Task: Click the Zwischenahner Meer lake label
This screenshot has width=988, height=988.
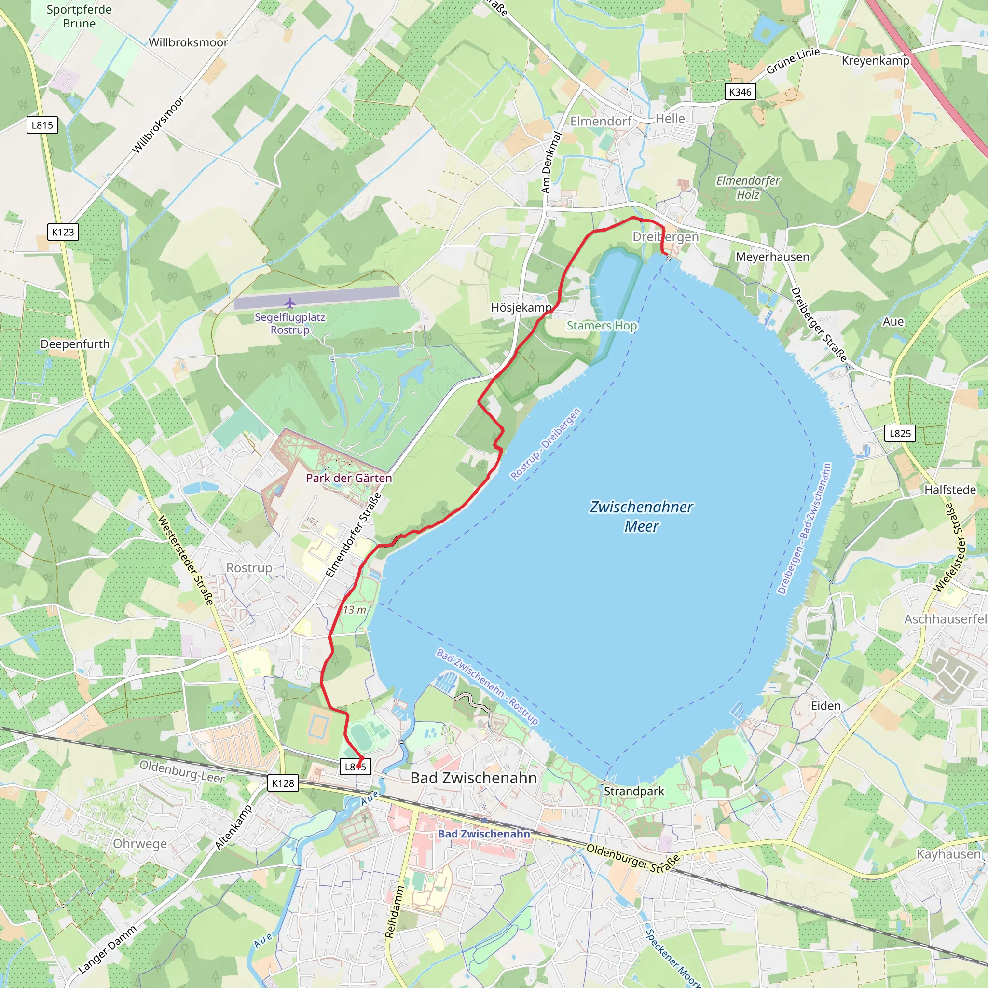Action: [x=641, y=517]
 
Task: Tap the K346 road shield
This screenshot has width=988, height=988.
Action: [x=740, y=92]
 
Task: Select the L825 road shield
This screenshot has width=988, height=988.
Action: [x=900, y=433]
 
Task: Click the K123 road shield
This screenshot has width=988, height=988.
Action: [x=63, y=232]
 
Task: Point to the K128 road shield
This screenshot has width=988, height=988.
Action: [x=283, y=783]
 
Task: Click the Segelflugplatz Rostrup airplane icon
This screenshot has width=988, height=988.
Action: [x=290, y=303]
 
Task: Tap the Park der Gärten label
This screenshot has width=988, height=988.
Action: [x=349, y=478]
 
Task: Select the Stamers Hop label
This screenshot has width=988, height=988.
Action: [x=602, y=326]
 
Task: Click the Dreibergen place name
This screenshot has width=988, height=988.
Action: [x=665, y=237]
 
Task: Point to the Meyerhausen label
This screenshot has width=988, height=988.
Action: [x=772, y=257]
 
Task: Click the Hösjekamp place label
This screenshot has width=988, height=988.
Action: [x=521, y=307]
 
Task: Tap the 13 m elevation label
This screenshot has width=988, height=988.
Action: [x=355, y=610]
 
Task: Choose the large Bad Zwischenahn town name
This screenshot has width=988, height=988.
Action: [x=474, y=778]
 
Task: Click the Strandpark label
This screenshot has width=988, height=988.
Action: [x=633, y=791]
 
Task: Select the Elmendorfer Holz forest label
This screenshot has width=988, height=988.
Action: [x=748, y=188]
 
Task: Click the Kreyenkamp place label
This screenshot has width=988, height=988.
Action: [x=876, y=60]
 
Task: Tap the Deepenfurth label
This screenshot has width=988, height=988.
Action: [x=75, y=344]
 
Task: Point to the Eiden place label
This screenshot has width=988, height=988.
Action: [x=825, y=706]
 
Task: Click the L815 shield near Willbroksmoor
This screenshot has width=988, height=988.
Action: [x=42, y=125]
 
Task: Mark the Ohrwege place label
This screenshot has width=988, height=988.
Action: [x=139, y=844]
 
